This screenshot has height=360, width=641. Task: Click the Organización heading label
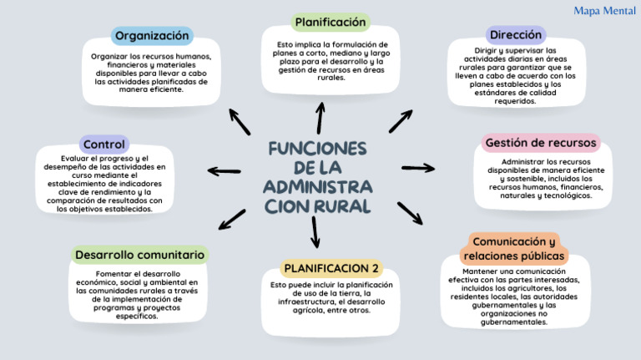point(152,36)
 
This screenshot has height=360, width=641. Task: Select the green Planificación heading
point(330,22)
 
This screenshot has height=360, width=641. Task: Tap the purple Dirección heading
point(516,35)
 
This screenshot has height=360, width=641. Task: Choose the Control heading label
point(103,145)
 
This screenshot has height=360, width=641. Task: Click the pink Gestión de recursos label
point(541,143)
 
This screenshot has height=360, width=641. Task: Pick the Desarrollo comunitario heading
point(139,254)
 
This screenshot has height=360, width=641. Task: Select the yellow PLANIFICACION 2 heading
point(331,268)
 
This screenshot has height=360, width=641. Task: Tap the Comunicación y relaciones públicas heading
point(514,248)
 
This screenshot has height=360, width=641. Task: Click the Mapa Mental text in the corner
point(605,11)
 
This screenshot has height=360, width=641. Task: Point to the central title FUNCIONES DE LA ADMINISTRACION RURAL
point(318,176)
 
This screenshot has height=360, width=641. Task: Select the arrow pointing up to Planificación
point(320,117)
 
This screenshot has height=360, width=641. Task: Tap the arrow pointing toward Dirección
point(401,121)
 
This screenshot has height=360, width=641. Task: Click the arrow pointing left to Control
point(224,171)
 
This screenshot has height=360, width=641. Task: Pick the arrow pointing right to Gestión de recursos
point(417,168)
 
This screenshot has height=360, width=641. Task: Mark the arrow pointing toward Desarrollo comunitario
point(232,219)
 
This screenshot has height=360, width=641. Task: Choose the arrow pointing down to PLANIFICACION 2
point(315,231)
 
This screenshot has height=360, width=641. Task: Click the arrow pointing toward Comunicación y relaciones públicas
point(409,213)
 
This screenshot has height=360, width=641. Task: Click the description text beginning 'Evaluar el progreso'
point(104,183)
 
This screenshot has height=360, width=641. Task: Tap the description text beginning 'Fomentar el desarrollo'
point(138,295)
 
